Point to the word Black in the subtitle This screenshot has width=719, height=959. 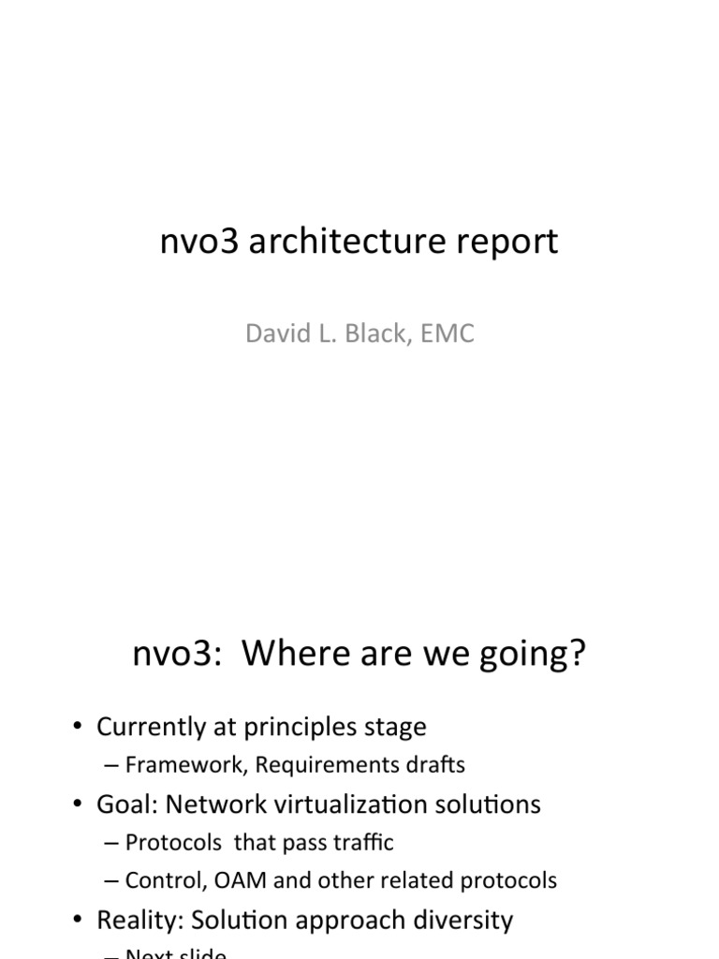375,333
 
